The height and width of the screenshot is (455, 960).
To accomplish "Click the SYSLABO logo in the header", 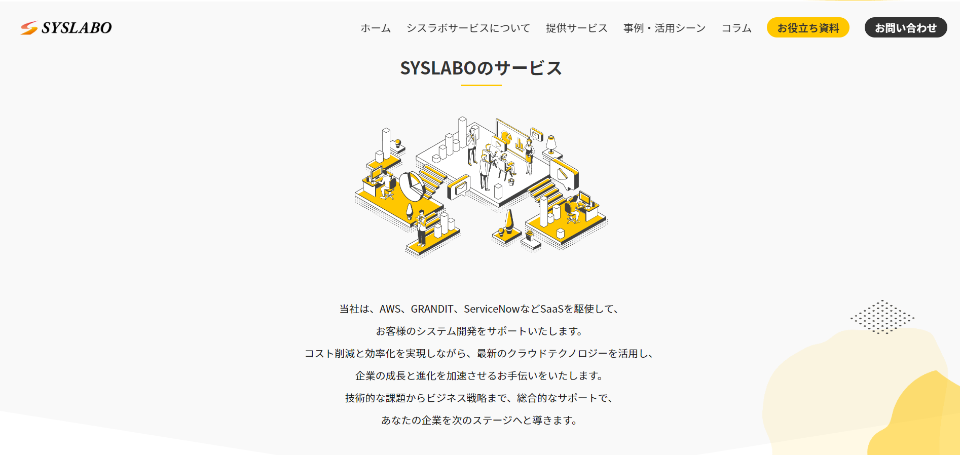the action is point(66,28).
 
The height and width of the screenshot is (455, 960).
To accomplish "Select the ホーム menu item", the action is point(376,28).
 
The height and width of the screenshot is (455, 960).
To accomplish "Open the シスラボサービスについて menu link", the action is point(468,28).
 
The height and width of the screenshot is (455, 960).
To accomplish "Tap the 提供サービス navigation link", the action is point(576,28).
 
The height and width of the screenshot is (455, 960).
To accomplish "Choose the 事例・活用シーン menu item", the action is point(664,28).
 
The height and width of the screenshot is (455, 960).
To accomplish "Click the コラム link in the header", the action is point(736,28).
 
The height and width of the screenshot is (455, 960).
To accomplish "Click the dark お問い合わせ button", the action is point(905,28).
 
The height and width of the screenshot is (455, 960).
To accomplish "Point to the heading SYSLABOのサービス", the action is point(481,68).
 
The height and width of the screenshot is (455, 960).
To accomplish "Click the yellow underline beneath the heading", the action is point(481,85).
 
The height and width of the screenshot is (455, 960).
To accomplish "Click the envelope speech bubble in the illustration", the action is point(459,187).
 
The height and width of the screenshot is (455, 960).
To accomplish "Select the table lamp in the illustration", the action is point(551,143).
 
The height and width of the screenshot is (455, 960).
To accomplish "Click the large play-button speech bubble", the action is point(564,174).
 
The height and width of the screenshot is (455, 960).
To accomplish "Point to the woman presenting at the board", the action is point(529,156).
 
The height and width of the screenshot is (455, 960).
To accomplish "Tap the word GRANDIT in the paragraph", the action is point(432,309).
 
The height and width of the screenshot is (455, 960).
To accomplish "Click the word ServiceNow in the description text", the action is point(491,309).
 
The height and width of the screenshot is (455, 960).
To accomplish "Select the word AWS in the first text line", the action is point(390,309).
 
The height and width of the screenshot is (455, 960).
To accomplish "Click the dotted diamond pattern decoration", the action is point(882,317).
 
